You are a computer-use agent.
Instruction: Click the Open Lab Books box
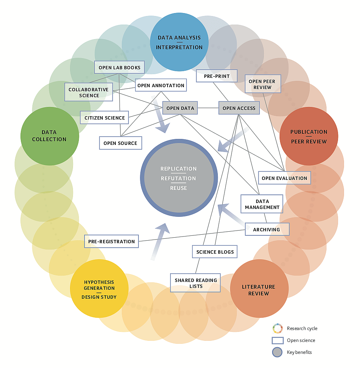click(119, 68)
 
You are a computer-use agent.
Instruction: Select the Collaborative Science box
click(89, 92)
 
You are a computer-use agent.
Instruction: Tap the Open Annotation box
click(160, 85)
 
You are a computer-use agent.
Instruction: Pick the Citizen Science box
click(104, 118)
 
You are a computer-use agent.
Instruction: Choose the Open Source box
click(120, 143)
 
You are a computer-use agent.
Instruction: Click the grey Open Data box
click(180, 108)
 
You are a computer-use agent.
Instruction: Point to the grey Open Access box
click(239, 108)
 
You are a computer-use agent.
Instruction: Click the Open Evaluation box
click(284, 178)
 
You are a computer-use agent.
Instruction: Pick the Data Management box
click(262, 204)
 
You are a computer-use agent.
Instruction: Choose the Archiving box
click(267, 229)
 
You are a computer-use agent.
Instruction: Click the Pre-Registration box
click(111, 241)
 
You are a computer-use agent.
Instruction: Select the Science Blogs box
click(215, 252)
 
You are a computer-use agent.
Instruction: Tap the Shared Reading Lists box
click(195, 283)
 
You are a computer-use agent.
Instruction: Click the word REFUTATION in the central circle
click(178, 178)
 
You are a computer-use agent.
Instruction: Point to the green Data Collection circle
click(49, 136)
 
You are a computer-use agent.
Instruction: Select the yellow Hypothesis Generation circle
click(99, 289)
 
